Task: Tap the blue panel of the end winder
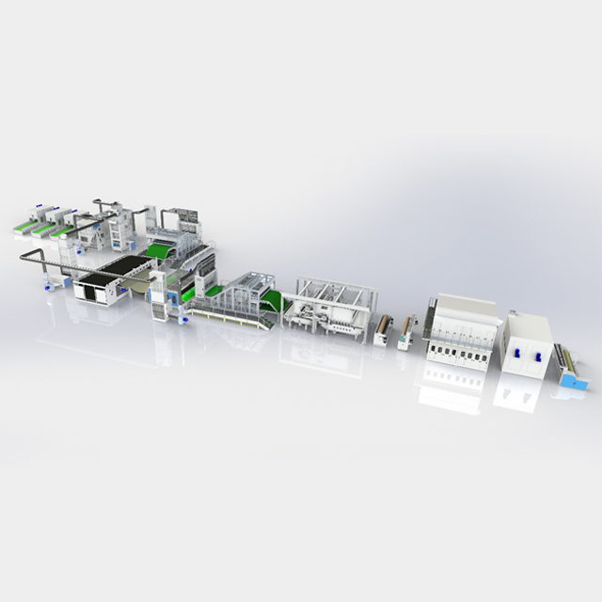point(574,381)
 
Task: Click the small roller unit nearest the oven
point(406,332)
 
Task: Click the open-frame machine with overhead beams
point(334,306)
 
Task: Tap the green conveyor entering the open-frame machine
point(273,301)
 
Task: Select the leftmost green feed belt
point(29,226)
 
